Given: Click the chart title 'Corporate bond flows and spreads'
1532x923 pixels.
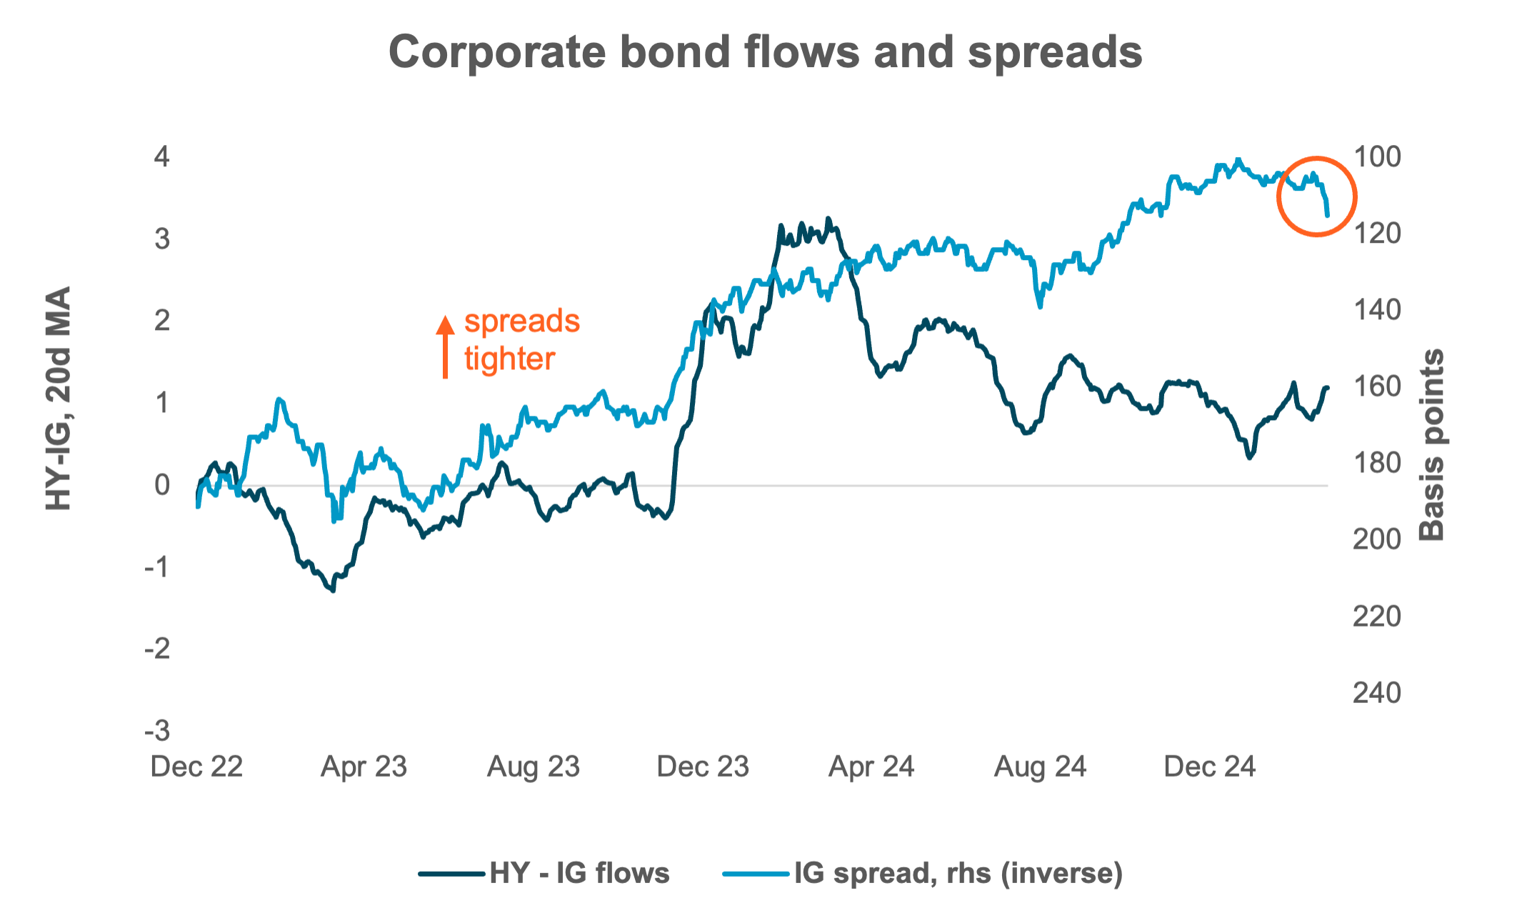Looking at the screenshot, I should pos(765,52).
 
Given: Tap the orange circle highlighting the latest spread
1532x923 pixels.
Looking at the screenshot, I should pos(1316,196).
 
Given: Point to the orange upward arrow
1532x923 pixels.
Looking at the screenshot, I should pos(445,346).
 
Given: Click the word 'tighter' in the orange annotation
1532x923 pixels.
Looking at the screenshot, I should pos(509,359).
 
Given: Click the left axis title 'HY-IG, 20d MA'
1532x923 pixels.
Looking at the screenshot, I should pos(59,399).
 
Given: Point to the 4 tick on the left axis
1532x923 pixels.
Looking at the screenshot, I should pos(162,156).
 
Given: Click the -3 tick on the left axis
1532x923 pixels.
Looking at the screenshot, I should pos(158,731).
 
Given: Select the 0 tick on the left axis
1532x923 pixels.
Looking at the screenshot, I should pos(162,485).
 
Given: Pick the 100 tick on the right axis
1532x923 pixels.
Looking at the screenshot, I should pos(1377,156).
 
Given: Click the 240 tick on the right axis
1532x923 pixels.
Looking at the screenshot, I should pos(1377,692).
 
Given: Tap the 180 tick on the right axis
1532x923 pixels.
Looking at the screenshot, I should pos(1377,463).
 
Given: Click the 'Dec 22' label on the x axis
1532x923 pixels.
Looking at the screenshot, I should pos(197,767).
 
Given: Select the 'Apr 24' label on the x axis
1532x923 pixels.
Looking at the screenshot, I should pos(871,767).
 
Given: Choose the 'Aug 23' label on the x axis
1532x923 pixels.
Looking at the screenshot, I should pos(534,767).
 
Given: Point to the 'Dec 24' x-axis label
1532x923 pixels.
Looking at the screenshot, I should pos(1209,767).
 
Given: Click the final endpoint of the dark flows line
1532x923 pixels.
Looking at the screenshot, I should pos(1327,388).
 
